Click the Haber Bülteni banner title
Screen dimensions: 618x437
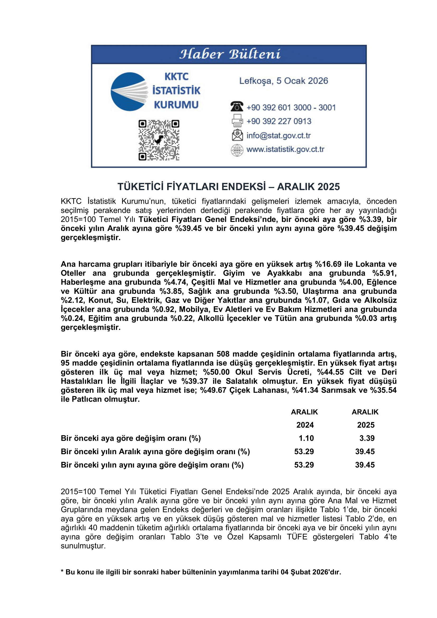(230, 54)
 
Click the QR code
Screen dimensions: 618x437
(159, 140)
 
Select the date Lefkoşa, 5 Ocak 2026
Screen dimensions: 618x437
(283, 81)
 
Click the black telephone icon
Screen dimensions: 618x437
(236, 106)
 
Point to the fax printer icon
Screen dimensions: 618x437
(237, 120)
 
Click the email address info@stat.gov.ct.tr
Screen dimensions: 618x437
(278, 135)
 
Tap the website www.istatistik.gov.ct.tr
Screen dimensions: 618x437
(285, 149)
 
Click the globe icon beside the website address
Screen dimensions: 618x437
(237, 150)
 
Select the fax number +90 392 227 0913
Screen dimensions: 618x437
(279, 121)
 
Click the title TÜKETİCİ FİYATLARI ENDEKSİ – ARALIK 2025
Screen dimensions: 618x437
(229, 187)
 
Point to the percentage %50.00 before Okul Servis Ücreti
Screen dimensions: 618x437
(216, 372)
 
